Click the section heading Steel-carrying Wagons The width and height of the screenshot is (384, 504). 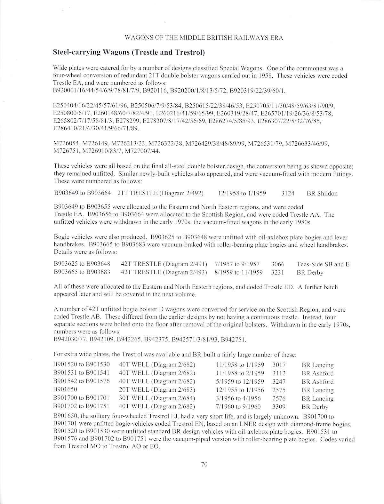[x=129, y=52]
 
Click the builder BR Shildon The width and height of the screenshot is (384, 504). [x=322, y=193]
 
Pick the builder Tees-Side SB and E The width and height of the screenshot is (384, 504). [x=323, y=264]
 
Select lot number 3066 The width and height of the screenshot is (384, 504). [x=277, y=264]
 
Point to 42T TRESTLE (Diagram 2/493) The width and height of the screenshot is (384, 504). [x=164, y=273]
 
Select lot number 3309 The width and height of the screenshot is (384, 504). [x=279, y=407]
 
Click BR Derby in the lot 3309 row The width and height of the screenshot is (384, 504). [x=315, y=407]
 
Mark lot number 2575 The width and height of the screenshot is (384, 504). [x=279, y=390]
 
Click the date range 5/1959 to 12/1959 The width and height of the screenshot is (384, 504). [x=240, y=382]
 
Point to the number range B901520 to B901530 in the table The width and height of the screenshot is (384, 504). [x=82, y=365]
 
